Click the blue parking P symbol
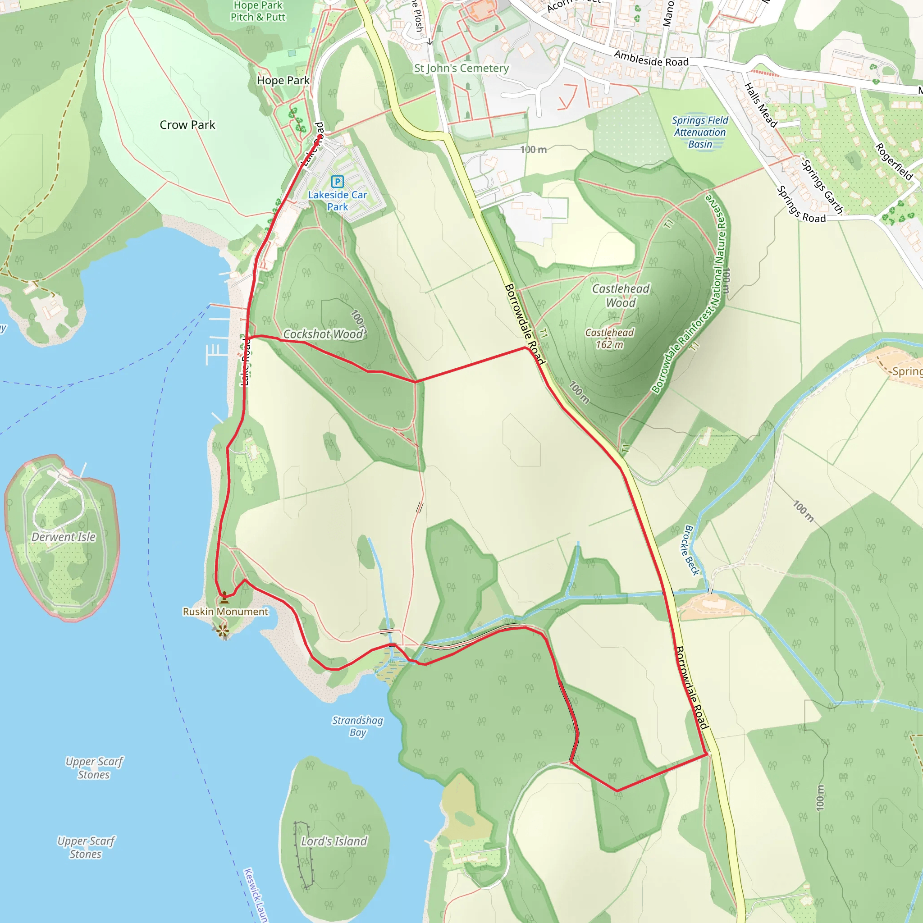(337, 182)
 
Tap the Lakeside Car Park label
(337, 201)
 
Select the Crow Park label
(187, 125)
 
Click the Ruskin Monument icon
(224, 597)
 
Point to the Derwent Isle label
(64, 537)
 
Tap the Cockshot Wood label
(324, 334)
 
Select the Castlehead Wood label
(621, 296)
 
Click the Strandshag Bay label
(357, 726)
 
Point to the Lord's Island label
(334, 841)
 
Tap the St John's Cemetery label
(461, 69)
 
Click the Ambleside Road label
(651, 59)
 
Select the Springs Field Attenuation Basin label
(700, 133)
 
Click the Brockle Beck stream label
(691, 550)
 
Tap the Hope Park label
(283, 80)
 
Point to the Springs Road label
(801, 205)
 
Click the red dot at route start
(319, 137)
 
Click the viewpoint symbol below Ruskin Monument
(223, 631)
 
